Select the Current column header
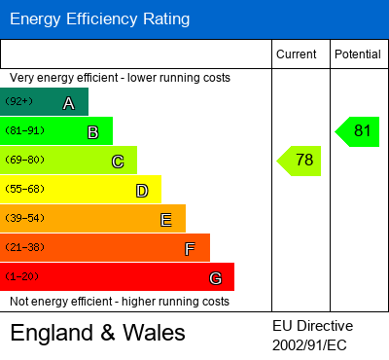click(296, 54)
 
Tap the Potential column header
click(357, 54)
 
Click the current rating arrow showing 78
click(301, 161)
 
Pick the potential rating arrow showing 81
click(358, 131)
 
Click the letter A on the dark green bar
click(69, 103)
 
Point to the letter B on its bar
click(93, 132)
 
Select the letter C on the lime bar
click(118, 162)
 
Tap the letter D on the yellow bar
click(142, 191)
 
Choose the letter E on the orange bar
click(166, 220)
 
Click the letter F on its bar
click(190, 249)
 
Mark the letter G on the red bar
click(215, 278)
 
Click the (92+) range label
click(19, 101)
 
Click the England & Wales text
click(97, 334)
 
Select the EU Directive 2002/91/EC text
click(313, 335)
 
